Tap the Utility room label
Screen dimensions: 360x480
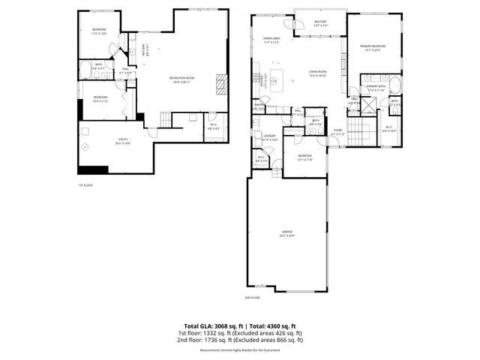(x=103, y=142)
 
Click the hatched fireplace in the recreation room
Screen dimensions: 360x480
(x=221, y=82)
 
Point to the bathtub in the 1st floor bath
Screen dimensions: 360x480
(x=85, y=71)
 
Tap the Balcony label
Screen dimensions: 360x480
(x=320, y=22)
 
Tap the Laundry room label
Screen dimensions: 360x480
(x=270, y=137)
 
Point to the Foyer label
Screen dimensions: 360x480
(x=338, y=131)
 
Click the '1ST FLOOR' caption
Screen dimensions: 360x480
(x=85, y=185)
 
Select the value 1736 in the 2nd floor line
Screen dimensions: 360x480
(x=217, y=339)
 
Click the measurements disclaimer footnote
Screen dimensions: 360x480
(x=239, y=350)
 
